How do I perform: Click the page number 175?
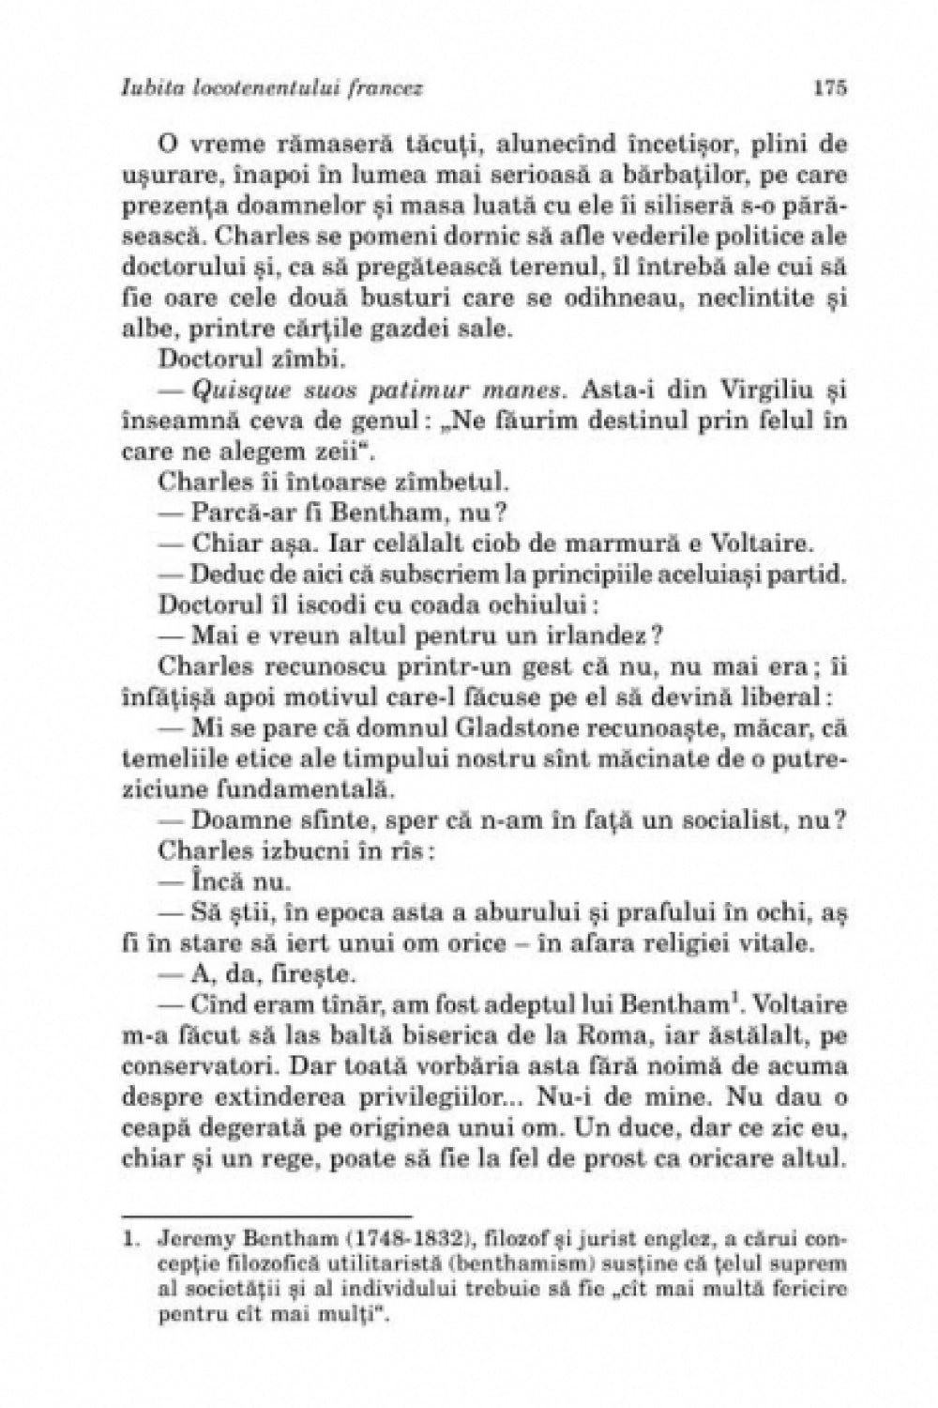point(831,88)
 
